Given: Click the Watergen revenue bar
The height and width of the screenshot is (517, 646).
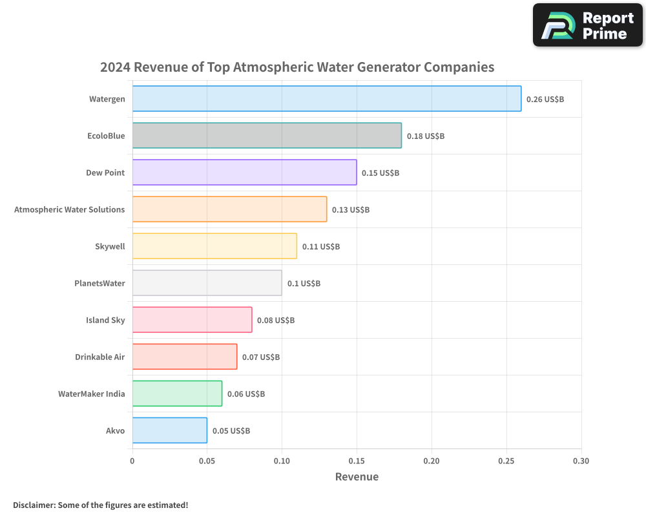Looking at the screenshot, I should (x=326, y=99).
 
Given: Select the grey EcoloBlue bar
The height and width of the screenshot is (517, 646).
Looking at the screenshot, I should (x=267, y=136).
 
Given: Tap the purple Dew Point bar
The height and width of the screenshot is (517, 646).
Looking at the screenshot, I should (x=244, y=173).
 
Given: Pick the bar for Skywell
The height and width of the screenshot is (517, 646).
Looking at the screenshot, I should (x=214, y=246).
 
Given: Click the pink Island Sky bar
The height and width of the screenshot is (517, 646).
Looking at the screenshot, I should (x=192, y=320).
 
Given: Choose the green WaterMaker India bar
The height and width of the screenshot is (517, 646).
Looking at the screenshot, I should (x=177, y=394).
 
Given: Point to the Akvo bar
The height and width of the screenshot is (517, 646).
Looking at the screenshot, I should (x=169, y=430).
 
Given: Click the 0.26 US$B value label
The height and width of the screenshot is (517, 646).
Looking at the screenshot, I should (x=545, y=100).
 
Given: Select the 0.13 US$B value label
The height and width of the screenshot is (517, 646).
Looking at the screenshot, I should (x=351, y=210).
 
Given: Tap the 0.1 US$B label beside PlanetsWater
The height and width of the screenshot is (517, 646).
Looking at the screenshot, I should (x=304, y=284).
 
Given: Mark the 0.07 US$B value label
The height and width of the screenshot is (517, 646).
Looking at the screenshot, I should (x=261, y=357).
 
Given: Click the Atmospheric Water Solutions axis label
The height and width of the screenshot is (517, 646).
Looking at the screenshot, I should (x=70, y=209).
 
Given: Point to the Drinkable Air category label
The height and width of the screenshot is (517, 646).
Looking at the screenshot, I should (x=99, y=357).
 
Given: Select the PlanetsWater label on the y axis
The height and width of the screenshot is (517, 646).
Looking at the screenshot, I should (x=99, y=283).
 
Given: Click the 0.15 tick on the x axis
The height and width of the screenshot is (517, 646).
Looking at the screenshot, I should (x=357, y=461).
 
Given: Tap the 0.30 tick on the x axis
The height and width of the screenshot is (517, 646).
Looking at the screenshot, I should (x=581, y=461).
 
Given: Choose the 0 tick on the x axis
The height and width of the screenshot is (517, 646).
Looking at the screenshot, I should (x=132, y=461).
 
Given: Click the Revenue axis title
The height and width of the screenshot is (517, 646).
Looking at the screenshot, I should (x=357, y=477).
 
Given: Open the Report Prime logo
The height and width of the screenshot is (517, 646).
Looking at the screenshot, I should (x=587, y=25).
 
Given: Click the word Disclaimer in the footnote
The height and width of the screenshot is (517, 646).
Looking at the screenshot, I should (x=33, y=505).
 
